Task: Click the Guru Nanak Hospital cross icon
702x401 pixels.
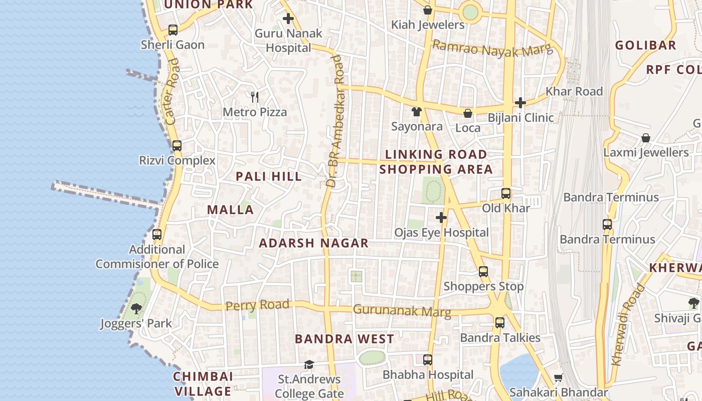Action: point(288,19)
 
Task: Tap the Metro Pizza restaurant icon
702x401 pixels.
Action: point(255,97)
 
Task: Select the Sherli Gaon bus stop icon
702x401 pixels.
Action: point(173,30)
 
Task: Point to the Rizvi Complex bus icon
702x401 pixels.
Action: point(177,146)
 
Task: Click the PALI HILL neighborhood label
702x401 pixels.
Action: point(269,176)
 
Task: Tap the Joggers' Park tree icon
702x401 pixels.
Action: point(136,308)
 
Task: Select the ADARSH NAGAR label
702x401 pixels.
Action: point(313,243)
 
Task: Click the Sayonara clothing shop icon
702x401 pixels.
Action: point(416,111)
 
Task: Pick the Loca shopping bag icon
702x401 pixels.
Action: point(467,113)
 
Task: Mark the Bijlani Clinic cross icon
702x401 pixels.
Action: point(520,103)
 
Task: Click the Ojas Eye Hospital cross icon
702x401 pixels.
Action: point(441,218)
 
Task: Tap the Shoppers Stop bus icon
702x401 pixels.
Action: point(483,272)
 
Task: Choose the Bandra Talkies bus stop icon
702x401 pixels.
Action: point(499,323)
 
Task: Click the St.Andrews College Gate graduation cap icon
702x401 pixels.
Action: point(309,364)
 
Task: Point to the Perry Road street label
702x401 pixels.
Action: point(257,305)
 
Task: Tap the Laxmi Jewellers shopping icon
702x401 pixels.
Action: point(646,138)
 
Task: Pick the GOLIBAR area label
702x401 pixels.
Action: point(645,45)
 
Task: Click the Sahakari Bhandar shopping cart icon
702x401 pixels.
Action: point(558,377)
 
